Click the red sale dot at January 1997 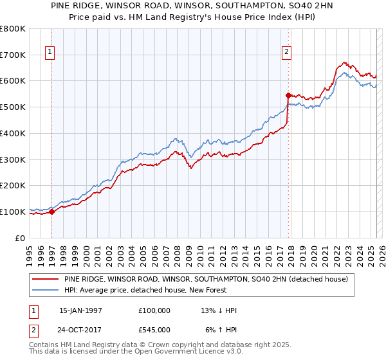pos(52,212)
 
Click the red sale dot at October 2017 pos(288,95)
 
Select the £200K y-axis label pos(14,185)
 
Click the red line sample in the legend pos(46,279)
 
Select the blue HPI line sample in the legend pos(46,290)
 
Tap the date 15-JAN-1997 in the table pos(80,310)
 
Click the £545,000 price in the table pos(154,330)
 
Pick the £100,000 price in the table pos(154,310)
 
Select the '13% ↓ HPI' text pos(219,310)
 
